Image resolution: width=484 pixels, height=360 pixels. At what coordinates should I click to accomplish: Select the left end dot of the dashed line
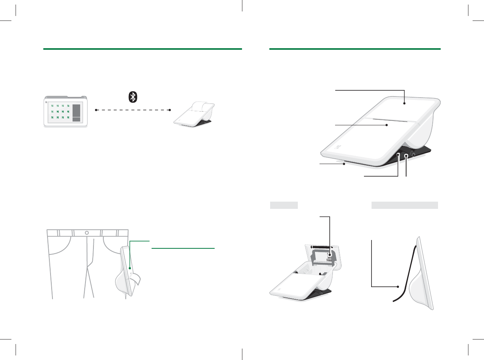click(x=96, y=110)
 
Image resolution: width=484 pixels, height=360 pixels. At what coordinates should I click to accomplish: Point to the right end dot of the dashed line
click(x=170, y=110)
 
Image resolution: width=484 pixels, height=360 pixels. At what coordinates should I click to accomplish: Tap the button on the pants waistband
click(x=87, y=232)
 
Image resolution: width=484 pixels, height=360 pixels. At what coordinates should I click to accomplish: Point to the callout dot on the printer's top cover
click(x=404, y=103)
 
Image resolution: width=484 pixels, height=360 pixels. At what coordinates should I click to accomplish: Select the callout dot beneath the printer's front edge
click(x=344, y=164)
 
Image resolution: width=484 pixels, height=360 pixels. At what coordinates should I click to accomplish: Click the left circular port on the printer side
click(x=398, y=155)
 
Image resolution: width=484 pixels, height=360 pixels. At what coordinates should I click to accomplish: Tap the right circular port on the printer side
click(x=406, y=156)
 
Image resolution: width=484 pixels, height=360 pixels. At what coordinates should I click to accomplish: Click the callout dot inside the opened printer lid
click(x=330, y=261)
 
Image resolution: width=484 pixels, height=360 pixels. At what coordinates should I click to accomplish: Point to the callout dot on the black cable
click(x=398, y=287)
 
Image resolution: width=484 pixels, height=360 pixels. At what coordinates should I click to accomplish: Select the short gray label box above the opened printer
click(x=283, y=205)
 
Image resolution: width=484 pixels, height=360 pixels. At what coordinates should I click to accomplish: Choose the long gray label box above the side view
click(x=404, y=205)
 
